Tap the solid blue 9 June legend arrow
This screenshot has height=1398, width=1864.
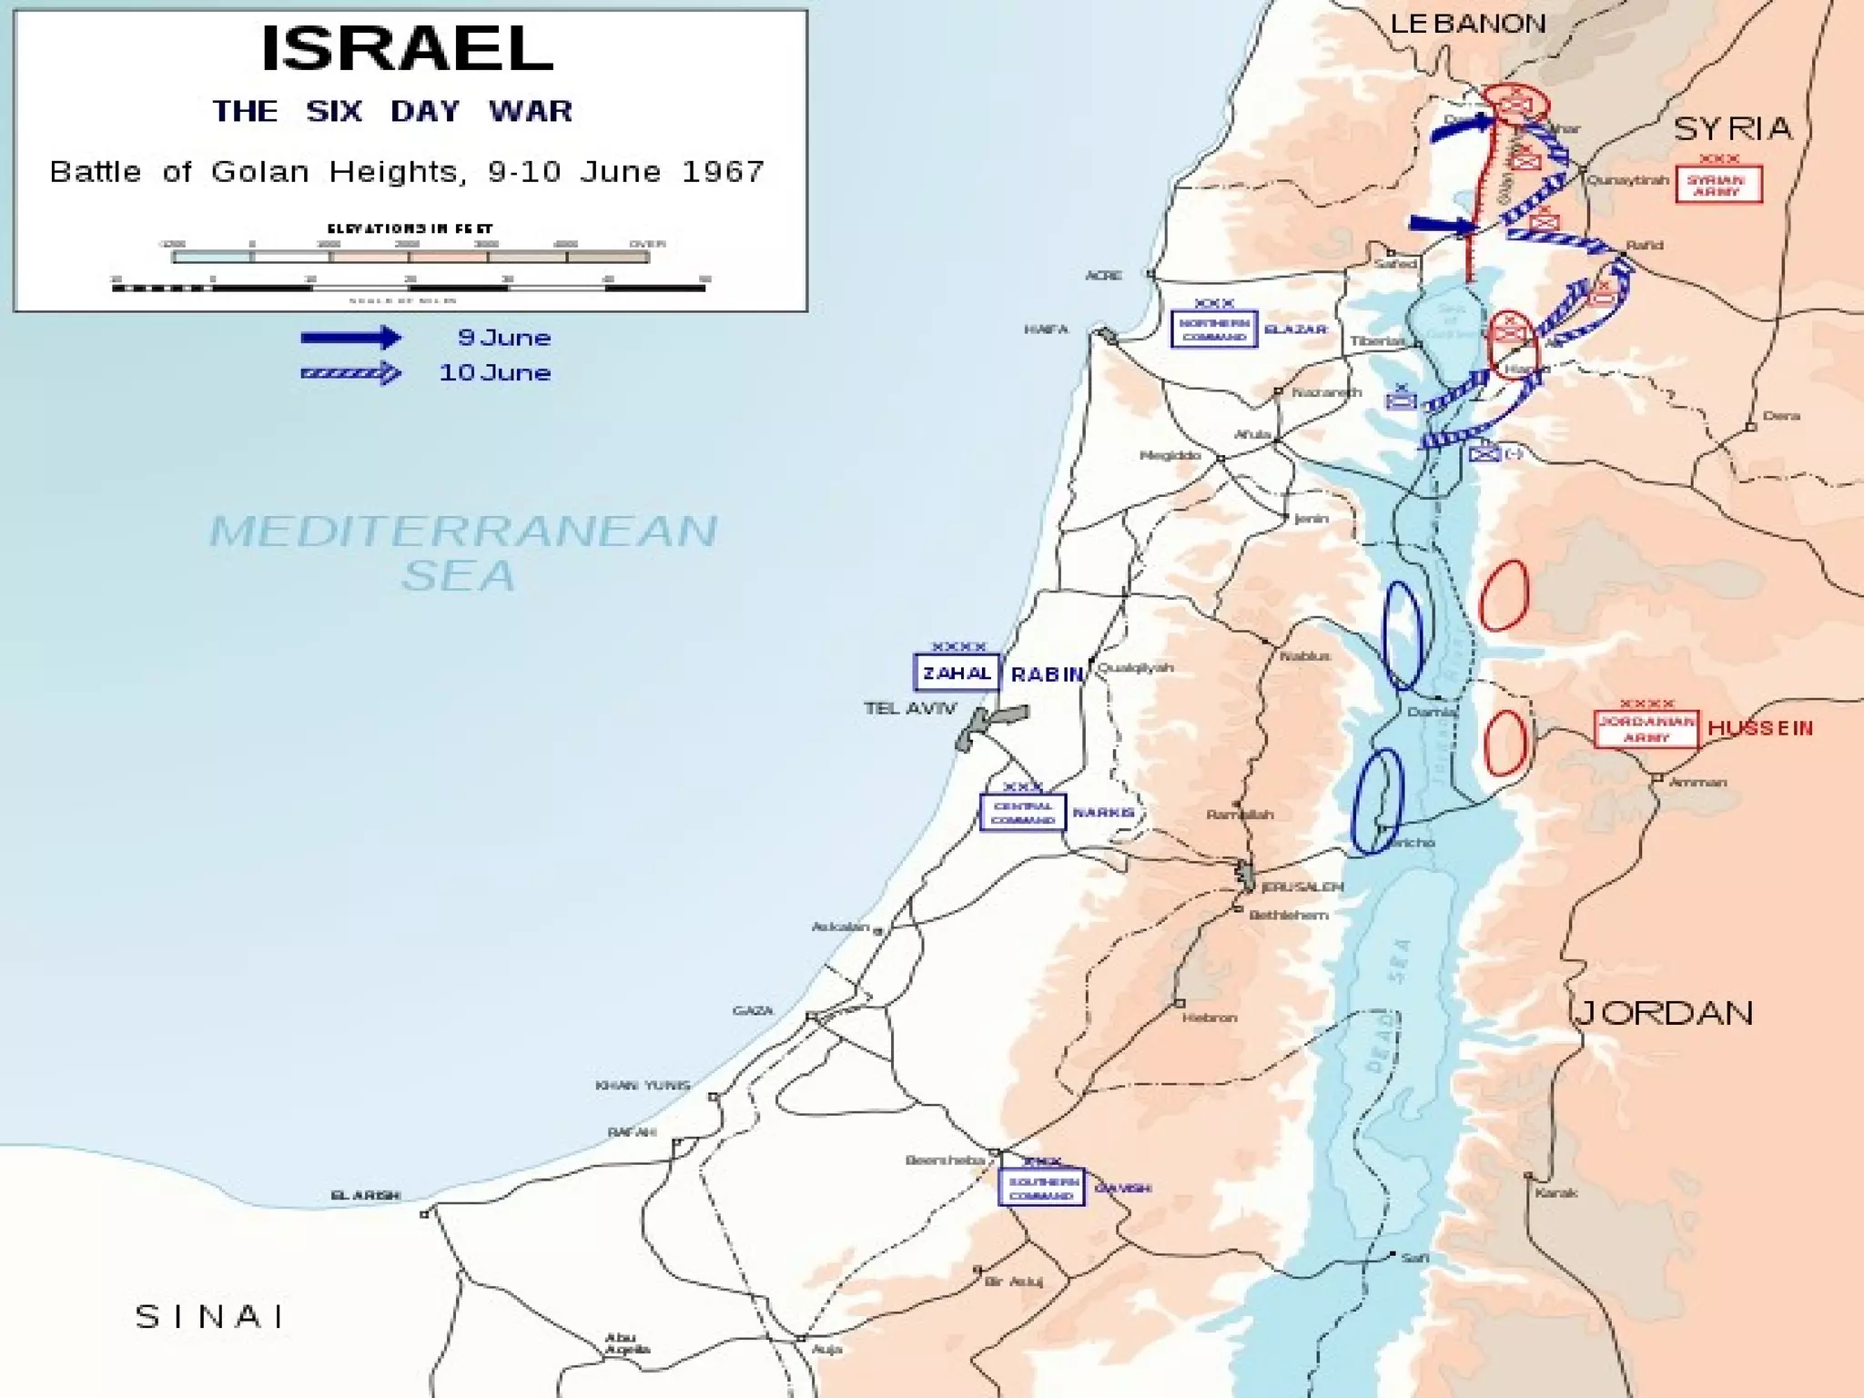coord(350,338)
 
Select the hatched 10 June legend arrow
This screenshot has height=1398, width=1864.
coord(350,373)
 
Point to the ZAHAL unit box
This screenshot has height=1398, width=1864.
coord(956,674)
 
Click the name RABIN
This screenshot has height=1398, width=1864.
coord(1047,674)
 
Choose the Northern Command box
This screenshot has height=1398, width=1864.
coord(1214,329)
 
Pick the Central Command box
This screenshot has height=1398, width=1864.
coord(1022,813)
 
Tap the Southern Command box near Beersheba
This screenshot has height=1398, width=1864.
coord(1041,1188)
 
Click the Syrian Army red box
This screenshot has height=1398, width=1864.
coord(1718,185)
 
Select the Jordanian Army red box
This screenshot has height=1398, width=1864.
coord(1646,729)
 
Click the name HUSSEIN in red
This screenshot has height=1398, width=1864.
coord(1760,728)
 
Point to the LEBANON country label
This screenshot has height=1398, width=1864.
coord(1468,24)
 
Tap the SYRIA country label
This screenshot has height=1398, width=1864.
coord(1733,128)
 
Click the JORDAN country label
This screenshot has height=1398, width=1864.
coord(1664,1013)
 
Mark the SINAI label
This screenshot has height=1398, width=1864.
coord(210,1316)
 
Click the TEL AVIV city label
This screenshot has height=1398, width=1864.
coord(910,708)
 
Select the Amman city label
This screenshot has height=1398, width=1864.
coord(1698,782)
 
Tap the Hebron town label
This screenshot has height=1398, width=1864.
coord(1210,1018)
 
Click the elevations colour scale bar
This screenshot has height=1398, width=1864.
coord(410,258)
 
